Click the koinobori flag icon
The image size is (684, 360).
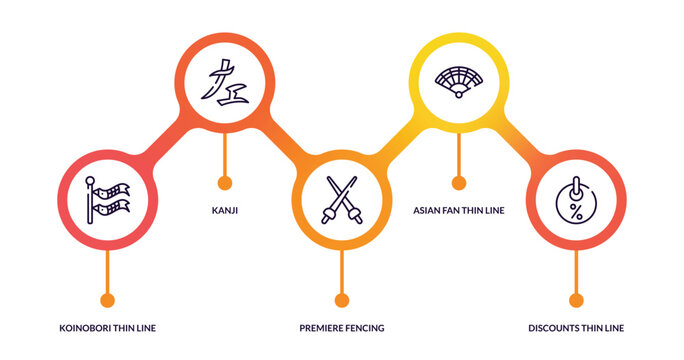point(107,201)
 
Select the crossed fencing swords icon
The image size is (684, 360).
point(342,200)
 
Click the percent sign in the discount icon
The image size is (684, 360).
point(575,210)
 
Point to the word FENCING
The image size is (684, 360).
point(366,328)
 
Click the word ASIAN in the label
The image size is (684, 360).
point(429,211)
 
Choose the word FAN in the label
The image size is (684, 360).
point(457,211)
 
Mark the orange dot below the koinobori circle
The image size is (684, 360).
point(107,300)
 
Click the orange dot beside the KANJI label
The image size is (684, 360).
point(224,182)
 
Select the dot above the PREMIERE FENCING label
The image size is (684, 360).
point(342,300)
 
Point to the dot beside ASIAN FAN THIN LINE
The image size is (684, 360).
point(459,182)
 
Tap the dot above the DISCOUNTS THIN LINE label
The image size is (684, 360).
point(575,300)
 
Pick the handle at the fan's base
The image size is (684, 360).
point(458,95)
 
